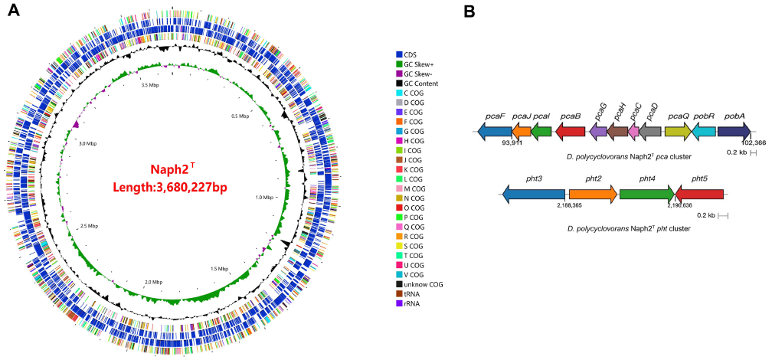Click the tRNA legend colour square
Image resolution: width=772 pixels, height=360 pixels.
point(399,293)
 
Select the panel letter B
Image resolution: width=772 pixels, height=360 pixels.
point(470,12)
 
